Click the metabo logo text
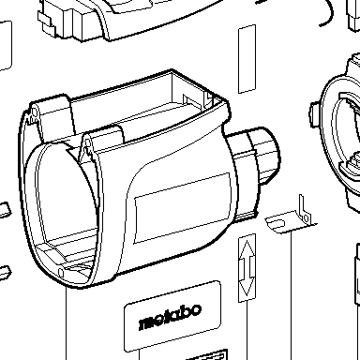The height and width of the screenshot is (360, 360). (171, 317)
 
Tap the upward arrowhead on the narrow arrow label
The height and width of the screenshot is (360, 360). (247, 249)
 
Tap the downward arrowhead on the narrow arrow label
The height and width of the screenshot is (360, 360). (247, 287)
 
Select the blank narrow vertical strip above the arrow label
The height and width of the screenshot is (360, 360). (247, 59)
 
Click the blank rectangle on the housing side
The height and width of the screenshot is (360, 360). (183, 208)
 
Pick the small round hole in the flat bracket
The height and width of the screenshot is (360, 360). (307, 217)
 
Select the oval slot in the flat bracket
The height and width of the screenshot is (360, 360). (277, 223)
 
